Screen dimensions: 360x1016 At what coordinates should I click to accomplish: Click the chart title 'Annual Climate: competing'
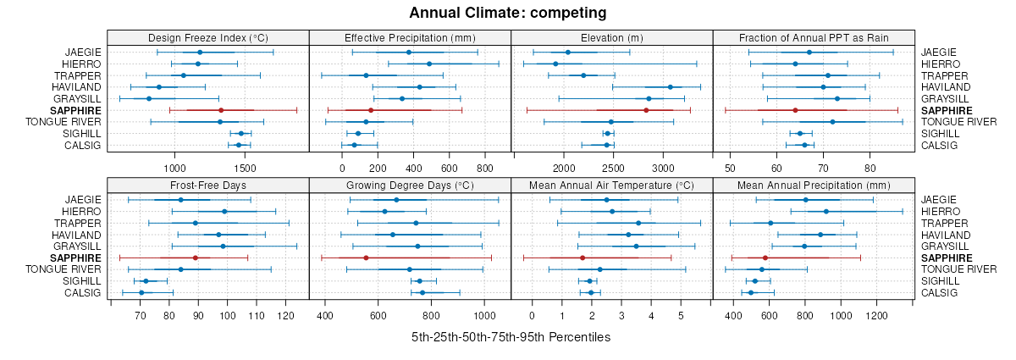(x=508, y=13)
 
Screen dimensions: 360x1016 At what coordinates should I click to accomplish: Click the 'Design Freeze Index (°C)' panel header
(x=208, y=37)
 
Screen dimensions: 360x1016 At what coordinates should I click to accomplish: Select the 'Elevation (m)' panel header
(x=612, y=37)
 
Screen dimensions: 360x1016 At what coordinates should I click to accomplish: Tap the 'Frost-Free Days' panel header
(x=208, y=185)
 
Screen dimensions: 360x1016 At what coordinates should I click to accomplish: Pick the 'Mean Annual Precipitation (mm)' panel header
(x=814, y=185)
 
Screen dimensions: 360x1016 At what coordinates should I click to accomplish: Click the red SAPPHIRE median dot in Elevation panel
(x=646, y=110)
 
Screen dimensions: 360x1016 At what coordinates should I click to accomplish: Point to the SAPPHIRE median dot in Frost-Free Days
(x=196, y=258)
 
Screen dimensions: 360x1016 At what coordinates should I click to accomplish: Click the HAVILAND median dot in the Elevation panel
(x=670, y=86)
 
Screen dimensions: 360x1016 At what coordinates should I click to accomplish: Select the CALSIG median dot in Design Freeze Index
(x=239, y=145)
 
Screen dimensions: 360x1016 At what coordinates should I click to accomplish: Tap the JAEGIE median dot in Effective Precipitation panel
(x=409, y=53)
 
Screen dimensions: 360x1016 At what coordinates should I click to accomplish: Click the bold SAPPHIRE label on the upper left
(x=75, y=110)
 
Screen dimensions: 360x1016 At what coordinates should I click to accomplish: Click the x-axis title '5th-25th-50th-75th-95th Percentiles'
(x=511, y=337)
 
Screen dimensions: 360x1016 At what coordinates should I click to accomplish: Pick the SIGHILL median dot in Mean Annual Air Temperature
(x=590, y=281)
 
